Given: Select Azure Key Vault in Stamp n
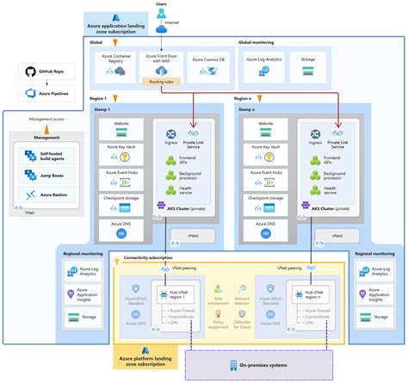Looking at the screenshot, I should (x=268, y=148).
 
